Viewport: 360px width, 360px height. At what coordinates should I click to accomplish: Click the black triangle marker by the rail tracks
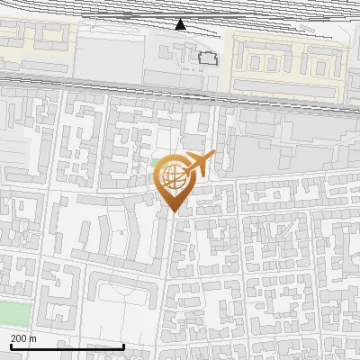[x=181, y=24]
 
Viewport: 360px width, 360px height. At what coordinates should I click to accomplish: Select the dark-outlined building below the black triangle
[x=209, y=58]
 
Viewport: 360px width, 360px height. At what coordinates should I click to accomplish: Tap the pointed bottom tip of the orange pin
[x=171, y=212]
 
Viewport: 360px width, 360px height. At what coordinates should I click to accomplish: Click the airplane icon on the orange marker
[x=197, y=166]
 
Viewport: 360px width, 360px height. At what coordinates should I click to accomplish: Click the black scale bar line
[x=67, y=346]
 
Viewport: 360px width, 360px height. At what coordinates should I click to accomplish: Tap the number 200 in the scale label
[x=20, y=338]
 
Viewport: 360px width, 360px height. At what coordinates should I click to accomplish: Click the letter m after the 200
[x=33, y=339]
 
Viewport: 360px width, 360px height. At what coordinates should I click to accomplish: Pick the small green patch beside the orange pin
[x=157, y=167]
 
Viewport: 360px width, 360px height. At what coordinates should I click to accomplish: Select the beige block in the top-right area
[x=288, y=63]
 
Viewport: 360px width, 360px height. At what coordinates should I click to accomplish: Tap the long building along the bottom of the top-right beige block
[x=288, y=85]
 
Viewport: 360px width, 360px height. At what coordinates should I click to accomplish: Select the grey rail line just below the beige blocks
[x=180, y=87]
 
